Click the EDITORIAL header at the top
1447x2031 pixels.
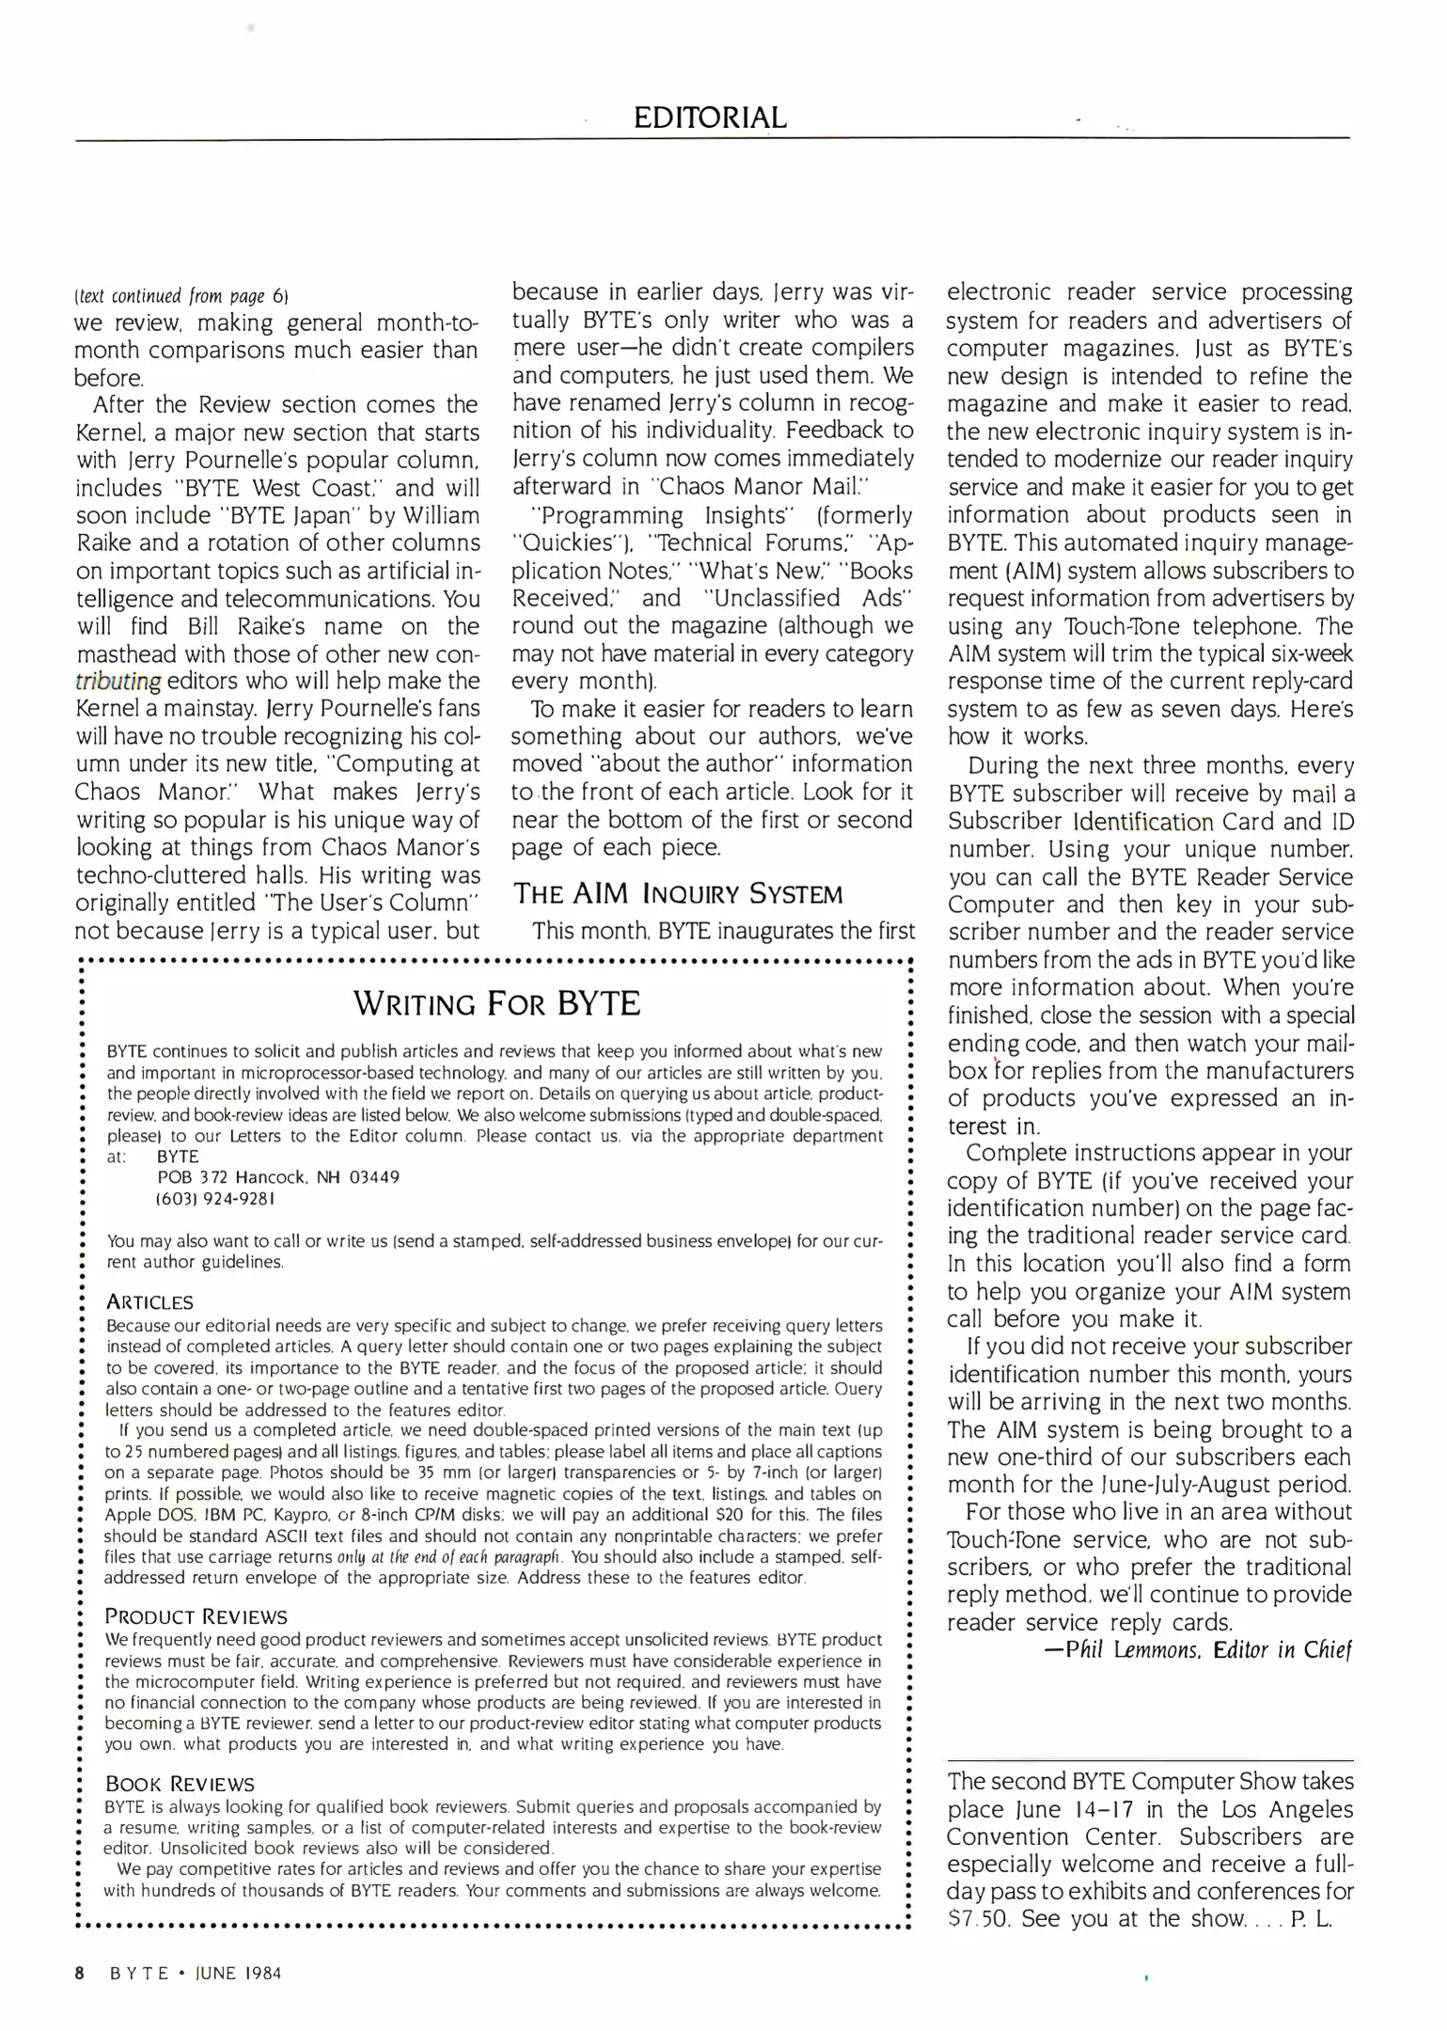(x=710, y=118)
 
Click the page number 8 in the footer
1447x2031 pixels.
(x=80, y=1973)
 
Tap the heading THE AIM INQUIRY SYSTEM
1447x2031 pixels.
(x=677, y=893)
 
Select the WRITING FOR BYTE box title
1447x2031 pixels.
(x=496, y=1003)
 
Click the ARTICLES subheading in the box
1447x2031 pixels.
(x=149, y=1302)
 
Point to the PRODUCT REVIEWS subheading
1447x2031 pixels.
(x=196, y=1616)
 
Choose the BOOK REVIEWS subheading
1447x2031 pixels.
(x=180, y=1784)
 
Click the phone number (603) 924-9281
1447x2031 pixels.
(x=214, y=1199)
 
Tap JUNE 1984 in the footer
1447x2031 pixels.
(x=238, y=1973)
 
